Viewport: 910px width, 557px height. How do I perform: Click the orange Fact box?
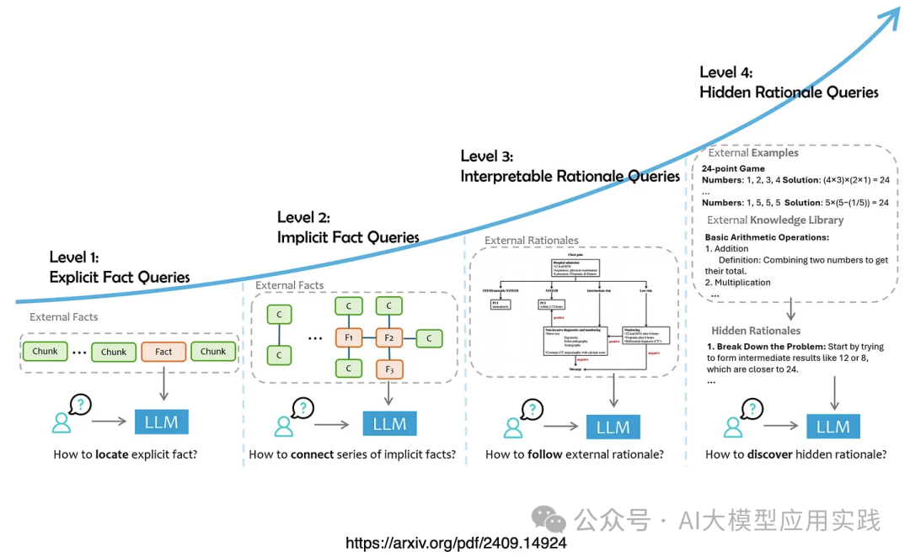click(163, 352)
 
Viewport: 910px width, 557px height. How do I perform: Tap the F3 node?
click(389, 369)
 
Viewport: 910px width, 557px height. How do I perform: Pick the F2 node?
click(389, 339)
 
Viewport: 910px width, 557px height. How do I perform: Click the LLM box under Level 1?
click(161, 422)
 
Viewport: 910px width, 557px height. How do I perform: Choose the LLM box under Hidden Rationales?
click(832, 427)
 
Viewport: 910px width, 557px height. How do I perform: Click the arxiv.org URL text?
click(455, 544)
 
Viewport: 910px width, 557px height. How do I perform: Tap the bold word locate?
click(111, 455)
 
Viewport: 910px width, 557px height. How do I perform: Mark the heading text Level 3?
click(487, 156)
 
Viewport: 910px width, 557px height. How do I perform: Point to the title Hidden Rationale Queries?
click(789, 93)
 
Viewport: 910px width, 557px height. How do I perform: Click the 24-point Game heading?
click(733, 168)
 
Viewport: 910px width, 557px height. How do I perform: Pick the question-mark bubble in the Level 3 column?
click(533, 409)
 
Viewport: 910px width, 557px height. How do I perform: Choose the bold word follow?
click(545, 455)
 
